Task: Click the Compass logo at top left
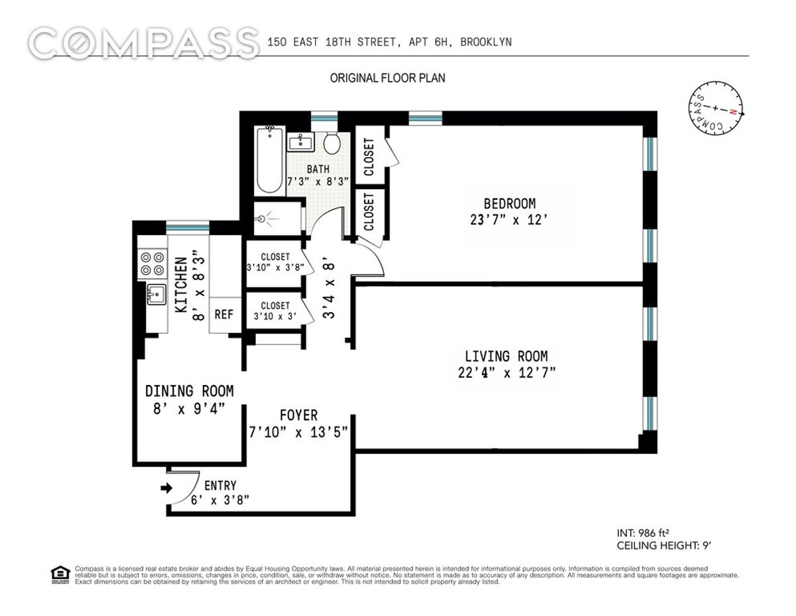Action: tap(144, 43)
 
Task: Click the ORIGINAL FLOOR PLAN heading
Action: tap(388, 78)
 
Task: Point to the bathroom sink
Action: tap(301, 141)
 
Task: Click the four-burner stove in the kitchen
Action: tap(153, 263)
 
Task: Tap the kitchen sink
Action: tap(156, 293)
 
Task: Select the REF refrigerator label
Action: tap(224, 314)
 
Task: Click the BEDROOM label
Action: tap(509, 203)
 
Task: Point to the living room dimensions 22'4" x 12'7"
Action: tap(506, 372)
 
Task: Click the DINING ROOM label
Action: tap(189, 392)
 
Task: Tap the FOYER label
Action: tap(298, 416)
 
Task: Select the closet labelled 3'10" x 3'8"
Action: tap(275, 263)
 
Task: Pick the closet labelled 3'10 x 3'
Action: tap(275, 310)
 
